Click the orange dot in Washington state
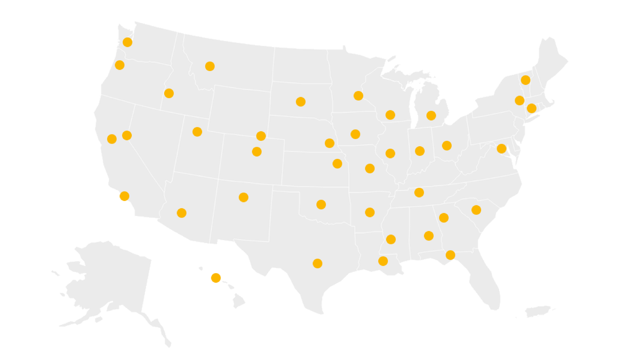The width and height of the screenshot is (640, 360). click(127, 42)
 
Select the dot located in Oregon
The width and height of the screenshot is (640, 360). click(119, 65)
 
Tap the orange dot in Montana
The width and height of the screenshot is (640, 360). click(210, 66)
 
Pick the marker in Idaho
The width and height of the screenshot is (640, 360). click(169, 93)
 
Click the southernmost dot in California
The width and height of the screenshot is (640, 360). click(124, 196)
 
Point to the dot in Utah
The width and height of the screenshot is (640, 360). click(197, 132)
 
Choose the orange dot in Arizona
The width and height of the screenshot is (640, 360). click(181, 213)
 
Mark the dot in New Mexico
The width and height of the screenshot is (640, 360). click(244, 197)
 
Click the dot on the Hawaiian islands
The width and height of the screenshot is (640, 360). click(216, 278)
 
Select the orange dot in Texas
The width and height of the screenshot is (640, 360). click(317, 263)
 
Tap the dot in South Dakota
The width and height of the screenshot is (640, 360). click(301, 102)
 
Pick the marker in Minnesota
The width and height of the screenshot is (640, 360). click(358, 96)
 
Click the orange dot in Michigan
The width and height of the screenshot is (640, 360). click(431, 116)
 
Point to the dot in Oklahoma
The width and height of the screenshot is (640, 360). click(321, 204)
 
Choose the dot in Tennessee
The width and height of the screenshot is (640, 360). click(419, 193)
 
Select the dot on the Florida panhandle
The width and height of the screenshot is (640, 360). click(450, 255)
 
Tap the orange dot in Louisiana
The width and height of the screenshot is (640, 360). click(383, 261)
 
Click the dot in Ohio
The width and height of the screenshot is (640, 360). click(447, 146)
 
